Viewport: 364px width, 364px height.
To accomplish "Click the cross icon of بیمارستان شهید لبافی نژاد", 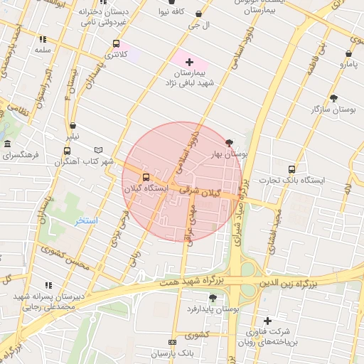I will pos(189,63).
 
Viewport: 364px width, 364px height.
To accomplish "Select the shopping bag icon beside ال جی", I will pos(198,13).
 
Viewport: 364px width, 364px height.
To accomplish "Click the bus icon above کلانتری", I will pos(116,43).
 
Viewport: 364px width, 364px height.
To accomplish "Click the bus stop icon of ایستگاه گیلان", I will pos(146,177).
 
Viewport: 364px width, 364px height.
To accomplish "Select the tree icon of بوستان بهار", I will pos(228,142).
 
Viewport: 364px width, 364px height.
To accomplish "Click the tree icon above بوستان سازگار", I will pos(333,97).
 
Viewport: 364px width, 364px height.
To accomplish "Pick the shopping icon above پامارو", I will pos(349,53).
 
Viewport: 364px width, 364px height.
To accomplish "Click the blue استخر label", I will pos(86,221).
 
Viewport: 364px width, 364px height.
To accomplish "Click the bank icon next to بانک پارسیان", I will pos(171,342).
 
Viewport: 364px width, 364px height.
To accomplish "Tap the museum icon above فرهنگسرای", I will pos(7,144).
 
